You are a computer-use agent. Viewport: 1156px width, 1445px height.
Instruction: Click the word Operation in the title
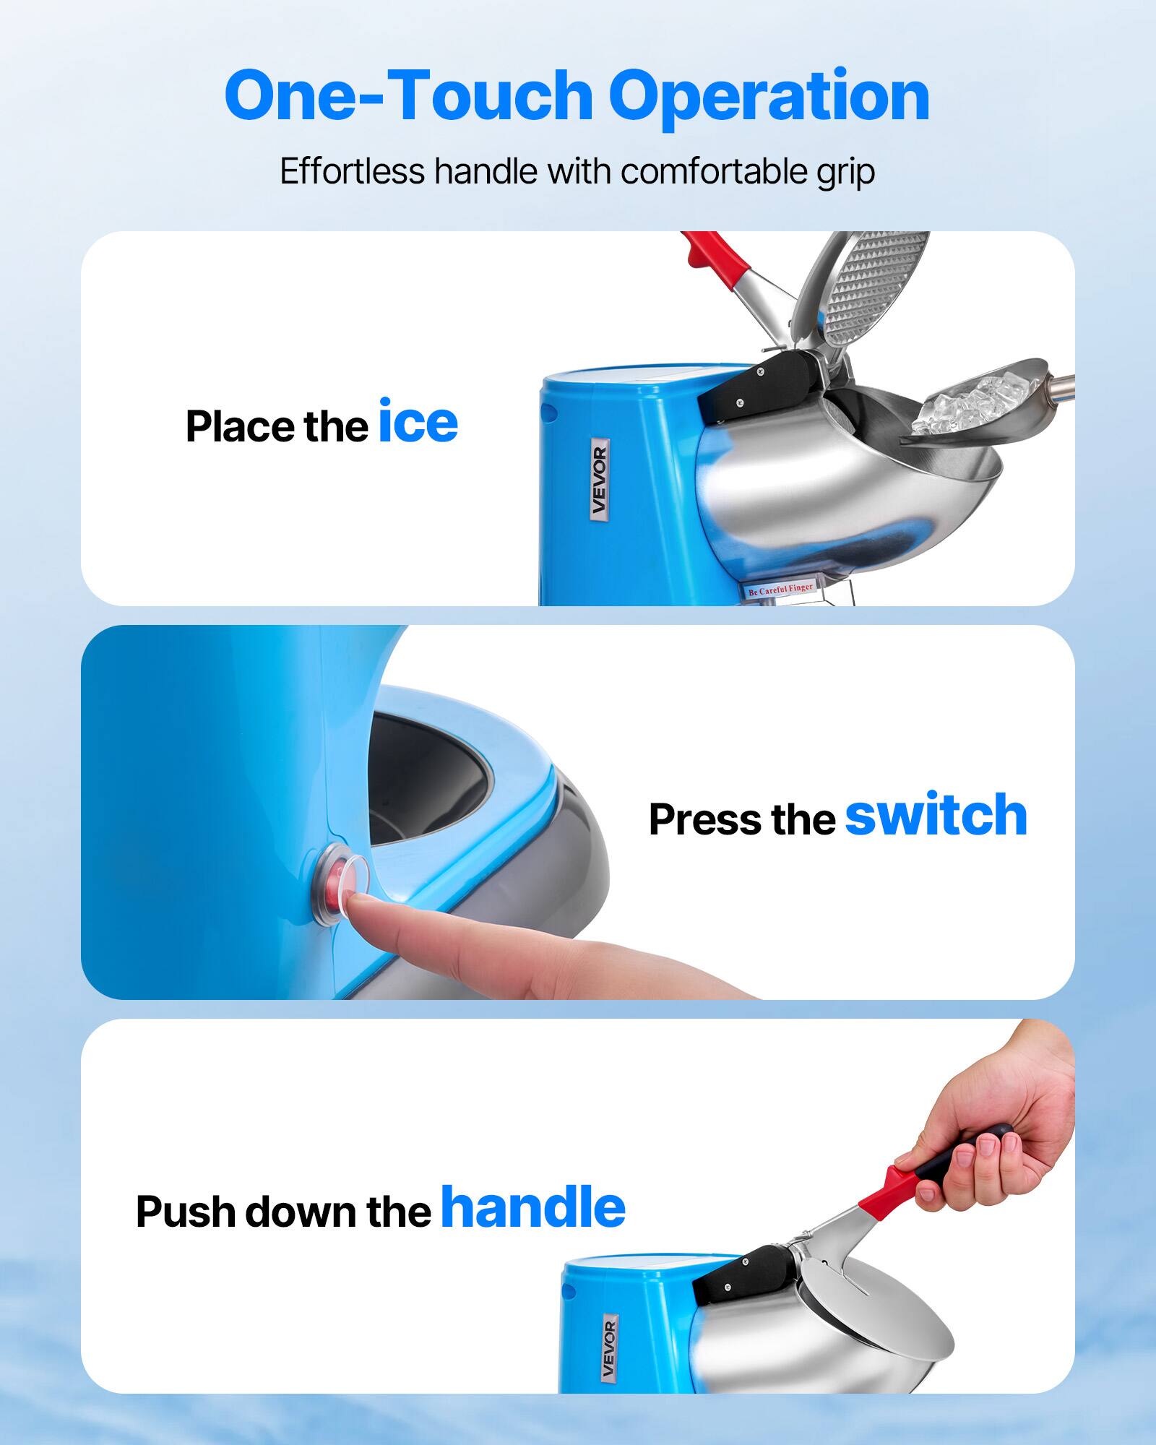[x=769, y=96]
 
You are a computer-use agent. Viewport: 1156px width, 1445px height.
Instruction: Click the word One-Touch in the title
[x=408, y=96]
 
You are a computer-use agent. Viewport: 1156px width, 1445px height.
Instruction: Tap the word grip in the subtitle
[x=845, y=173]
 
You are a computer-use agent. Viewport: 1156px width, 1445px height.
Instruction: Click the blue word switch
[x=936, y=816]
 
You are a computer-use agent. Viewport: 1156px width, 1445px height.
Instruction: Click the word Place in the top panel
[x=241, y=426]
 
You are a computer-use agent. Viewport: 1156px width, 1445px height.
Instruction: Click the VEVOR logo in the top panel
[x=599, y=478]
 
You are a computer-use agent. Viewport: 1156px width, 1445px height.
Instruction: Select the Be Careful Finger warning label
[x=780, y=590]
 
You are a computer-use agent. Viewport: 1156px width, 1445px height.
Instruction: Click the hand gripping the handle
[x=1004, y=1127]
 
